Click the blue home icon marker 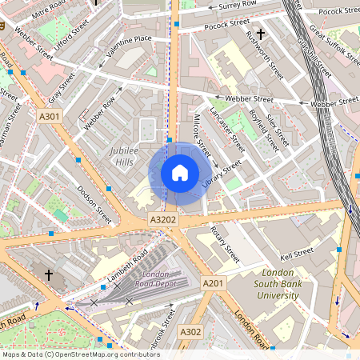pyautogui.click(x=180, y=173)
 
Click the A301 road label pyautogui.click(x=49, y=117)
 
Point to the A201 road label pyautogui.click(x=213, y=283)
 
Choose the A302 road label pyautogui.click(x=190, y=331)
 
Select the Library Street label pyautogui.click(x=222, y=176)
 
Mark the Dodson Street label pyautogui.click(x=94, y=205)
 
